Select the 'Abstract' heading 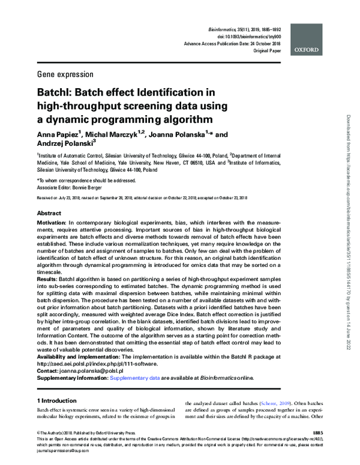click(x=49, y=214)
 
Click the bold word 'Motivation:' click(x=56, y=223)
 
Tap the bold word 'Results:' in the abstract click(x=51, y=280)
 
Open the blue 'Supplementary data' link click(x=134, y=378)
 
